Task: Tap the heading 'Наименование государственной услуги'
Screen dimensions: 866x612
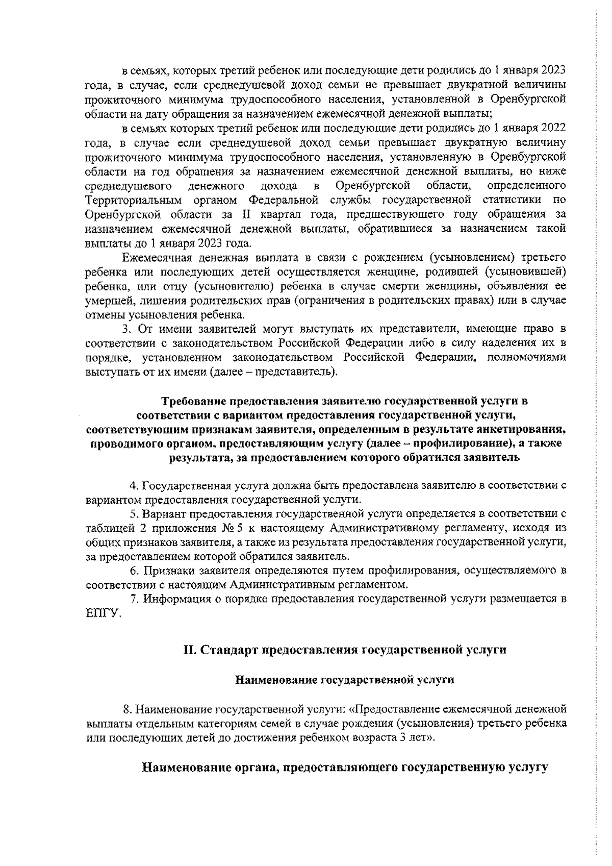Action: coord(344,680)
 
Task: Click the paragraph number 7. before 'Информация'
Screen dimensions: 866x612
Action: coord(134,599)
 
